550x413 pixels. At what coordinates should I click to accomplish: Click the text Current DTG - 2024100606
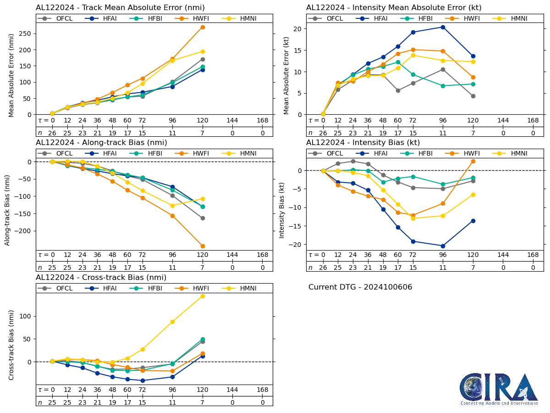360,287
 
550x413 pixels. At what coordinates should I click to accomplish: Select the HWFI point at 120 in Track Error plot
203,27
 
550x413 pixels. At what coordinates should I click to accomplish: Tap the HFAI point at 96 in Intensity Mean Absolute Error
443,27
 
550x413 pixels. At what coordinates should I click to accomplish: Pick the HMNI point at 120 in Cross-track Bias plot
203,296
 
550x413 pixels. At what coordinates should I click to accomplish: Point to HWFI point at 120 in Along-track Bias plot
203,246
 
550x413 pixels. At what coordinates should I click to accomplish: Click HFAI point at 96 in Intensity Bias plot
443,246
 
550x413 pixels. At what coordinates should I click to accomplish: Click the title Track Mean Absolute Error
120,8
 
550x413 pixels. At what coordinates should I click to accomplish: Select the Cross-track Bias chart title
101,278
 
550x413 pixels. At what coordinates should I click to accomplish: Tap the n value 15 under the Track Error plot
143,133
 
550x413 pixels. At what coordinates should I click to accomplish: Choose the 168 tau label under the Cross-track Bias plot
262,390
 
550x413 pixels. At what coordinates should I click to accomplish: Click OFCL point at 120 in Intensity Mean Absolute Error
473,96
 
